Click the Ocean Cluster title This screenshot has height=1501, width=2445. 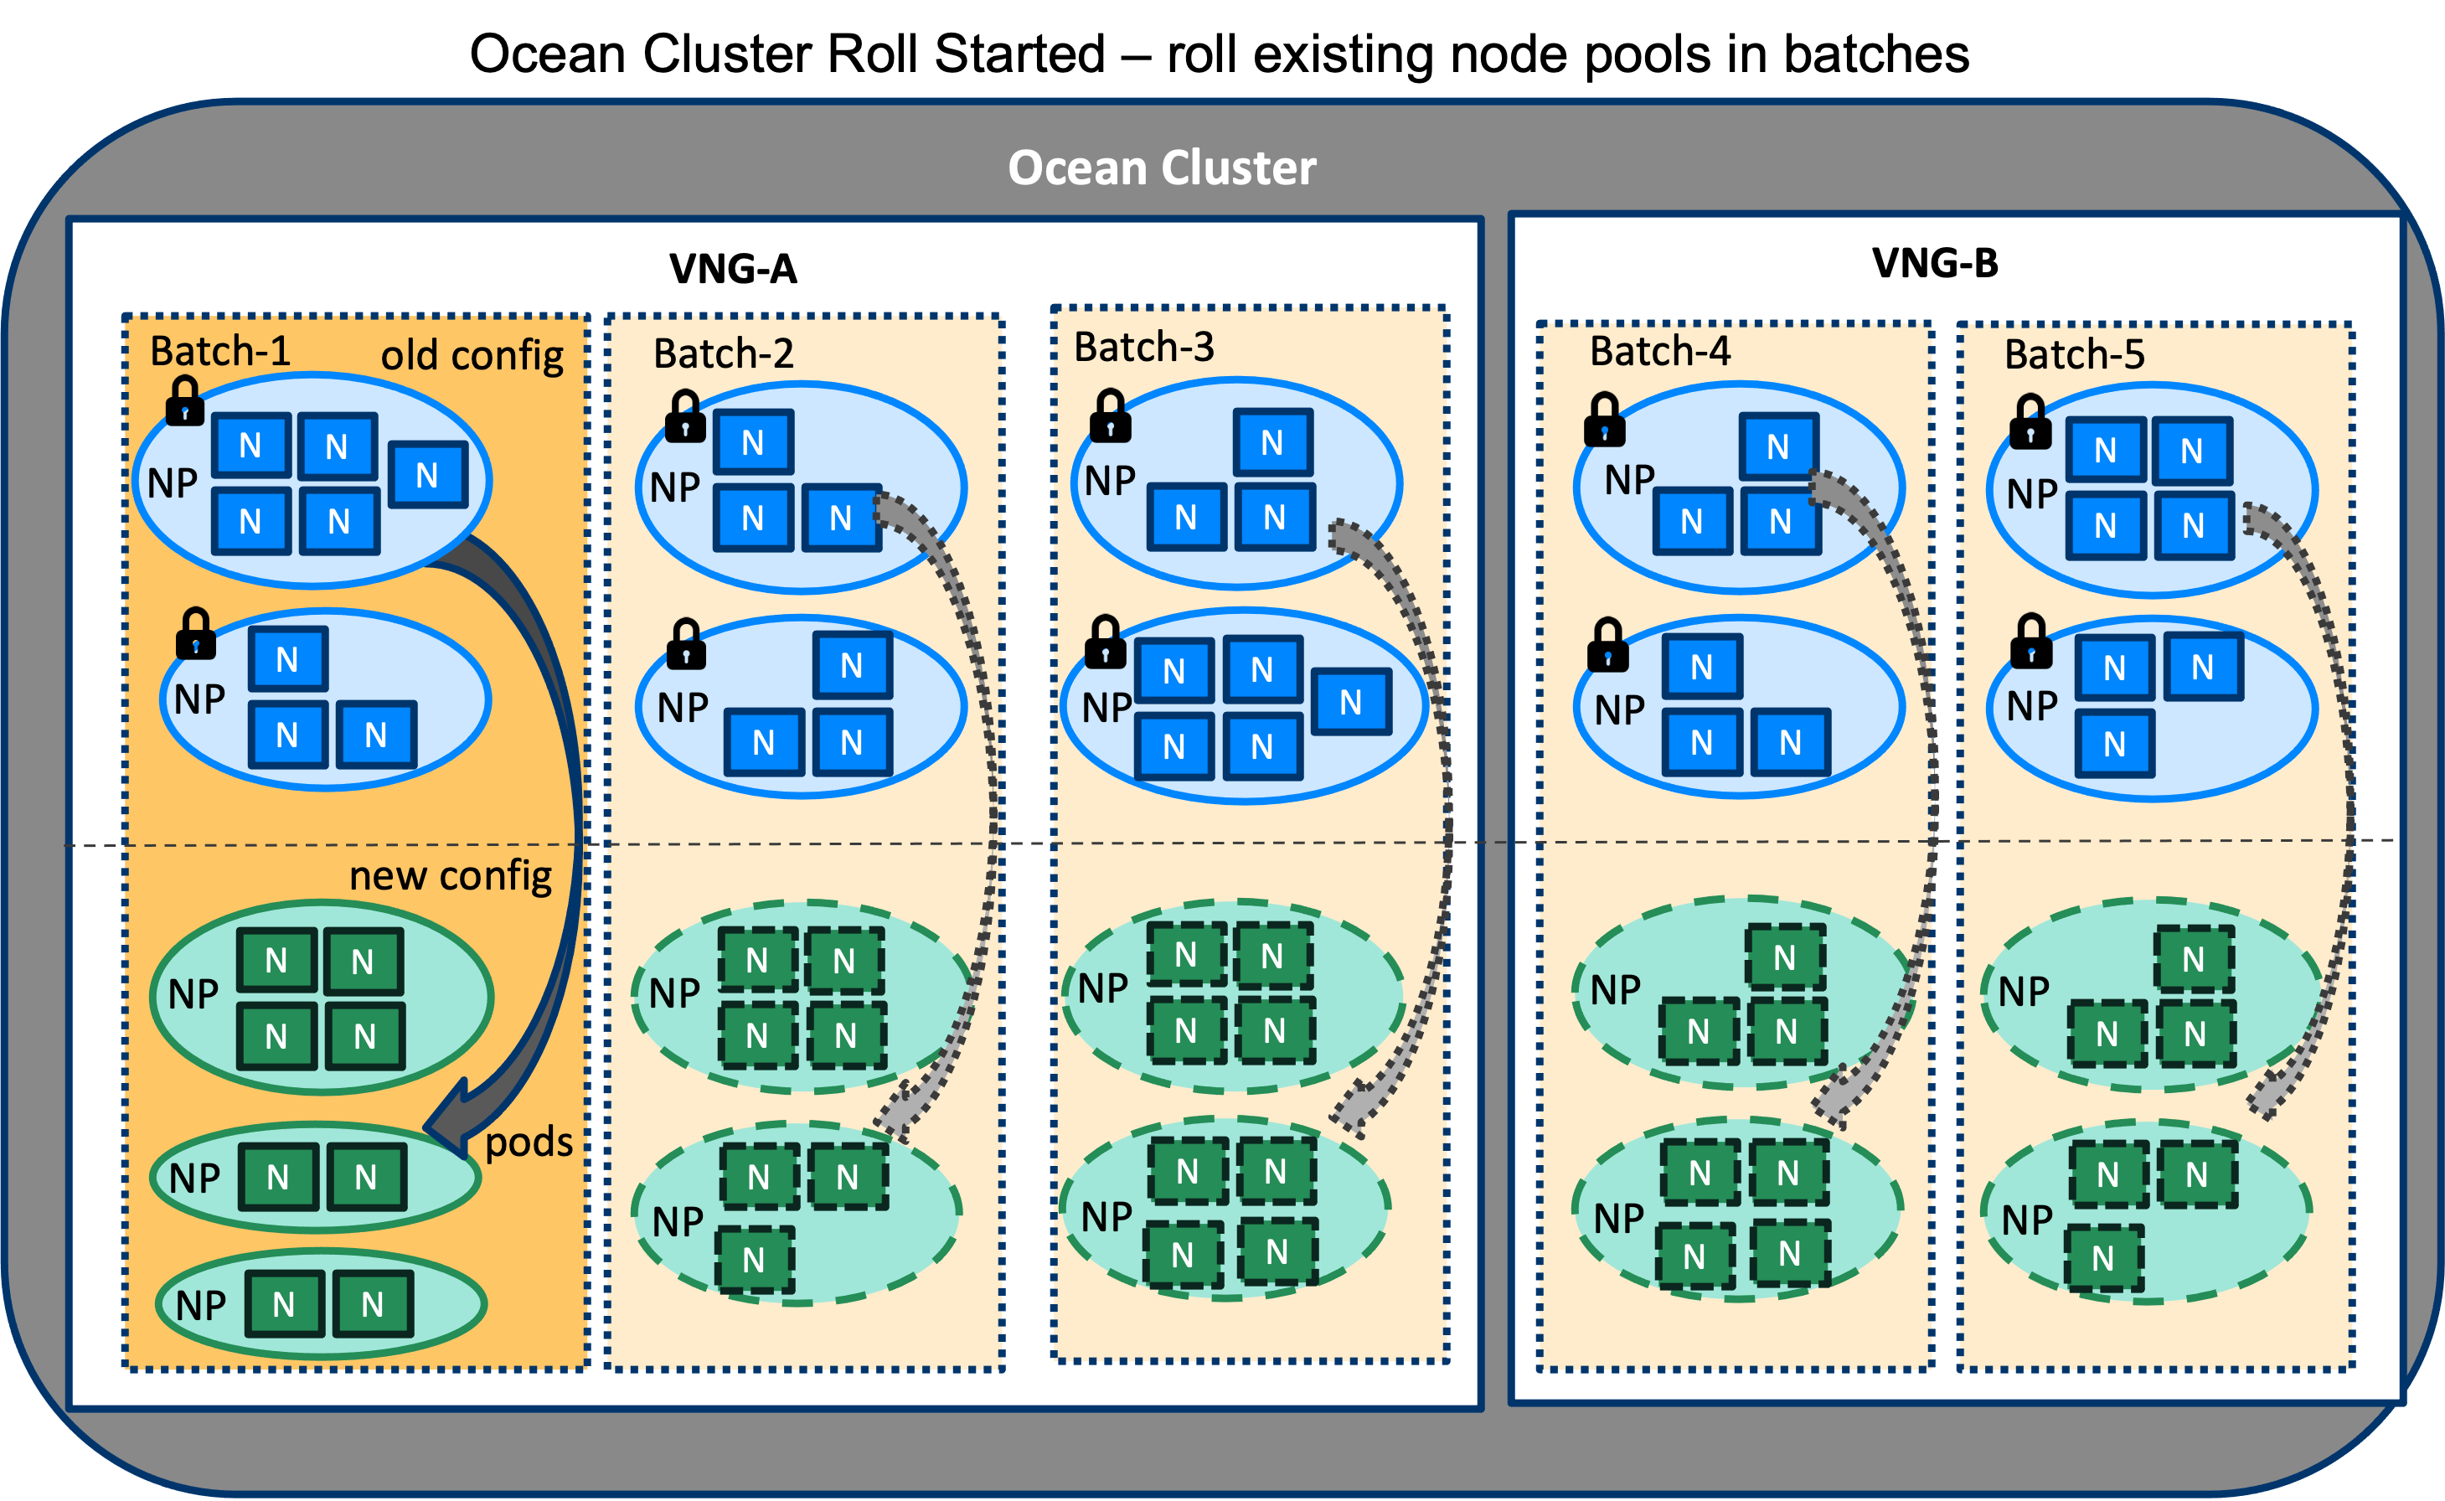pos(1162,167)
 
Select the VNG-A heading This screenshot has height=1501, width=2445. pos(733,269)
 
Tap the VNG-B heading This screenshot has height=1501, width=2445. pos(1935,263)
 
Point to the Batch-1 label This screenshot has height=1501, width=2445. pos(220,352)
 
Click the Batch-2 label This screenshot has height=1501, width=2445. pos(724,354)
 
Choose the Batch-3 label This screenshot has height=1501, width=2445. pos(1143,348)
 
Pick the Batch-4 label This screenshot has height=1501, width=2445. pos(1660,352)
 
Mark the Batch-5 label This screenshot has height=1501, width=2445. pos(2075,354)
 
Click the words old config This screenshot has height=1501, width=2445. pos(472,355)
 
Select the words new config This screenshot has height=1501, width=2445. pos(451,875)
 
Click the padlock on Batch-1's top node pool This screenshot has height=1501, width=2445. pos(184,401)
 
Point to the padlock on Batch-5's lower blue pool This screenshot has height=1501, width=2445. pos(2031,642)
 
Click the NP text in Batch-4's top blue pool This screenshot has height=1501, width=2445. pos(1629,481)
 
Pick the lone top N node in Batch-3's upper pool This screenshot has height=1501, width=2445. pos(1272,443)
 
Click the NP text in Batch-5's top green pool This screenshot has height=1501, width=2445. pos(2023,992)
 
